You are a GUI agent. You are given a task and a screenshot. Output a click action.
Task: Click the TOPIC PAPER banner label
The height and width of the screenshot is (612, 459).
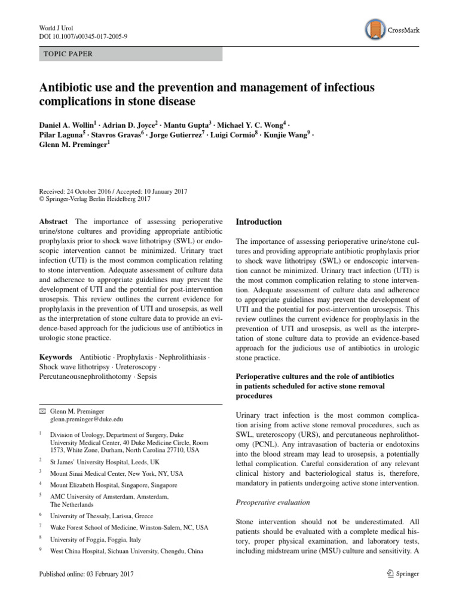pos(68,53)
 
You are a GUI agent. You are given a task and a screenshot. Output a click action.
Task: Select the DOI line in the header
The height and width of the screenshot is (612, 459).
pos(83,36)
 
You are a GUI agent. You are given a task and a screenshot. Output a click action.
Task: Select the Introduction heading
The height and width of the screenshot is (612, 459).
pos(259,222)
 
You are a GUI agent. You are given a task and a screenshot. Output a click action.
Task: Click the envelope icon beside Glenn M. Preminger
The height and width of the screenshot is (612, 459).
pos(42,411)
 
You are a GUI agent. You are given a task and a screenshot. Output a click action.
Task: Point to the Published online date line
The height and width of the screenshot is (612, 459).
pos(87,574)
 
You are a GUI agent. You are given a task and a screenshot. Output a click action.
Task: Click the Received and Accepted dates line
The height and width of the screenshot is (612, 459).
pos(114,191)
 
